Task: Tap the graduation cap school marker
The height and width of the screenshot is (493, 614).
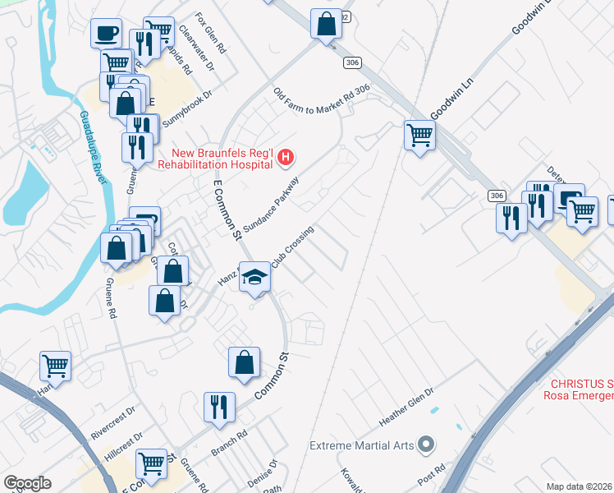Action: click(x=254, y=279)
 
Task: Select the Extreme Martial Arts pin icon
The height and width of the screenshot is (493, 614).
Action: click(x=425, y=445)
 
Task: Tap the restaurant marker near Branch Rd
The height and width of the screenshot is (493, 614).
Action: click(x=219, y=407)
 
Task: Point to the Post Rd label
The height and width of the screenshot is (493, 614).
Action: click(x=431, y=476)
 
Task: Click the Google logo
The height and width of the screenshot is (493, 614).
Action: click(x=27, y=483)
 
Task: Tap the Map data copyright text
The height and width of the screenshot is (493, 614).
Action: click(x=580, y=486)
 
